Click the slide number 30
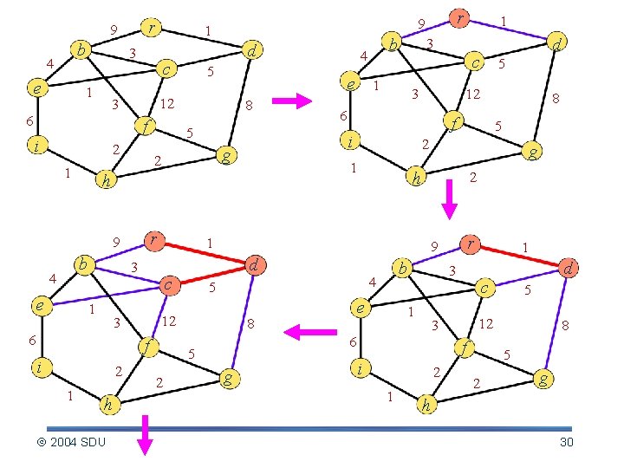click(x=567, y=443)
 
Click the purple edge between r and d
click(x=510, y=29)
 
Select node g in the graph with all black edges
click(x=225, y=156)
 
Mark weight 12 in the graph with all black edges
click(x=168, y=105)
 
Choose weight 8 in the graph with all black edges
click(x=249, y=107)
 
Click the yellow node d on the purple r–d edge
click(x=559, y=41)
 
